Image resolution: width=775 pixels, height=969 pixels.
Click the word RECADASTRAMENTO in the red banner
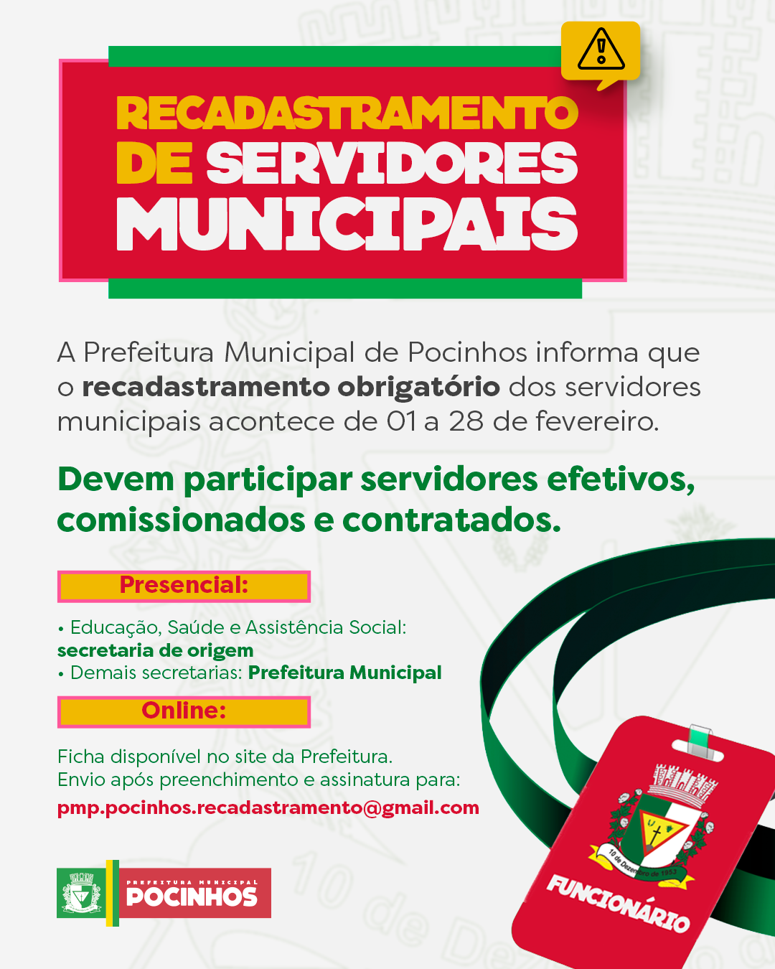pos(347,113)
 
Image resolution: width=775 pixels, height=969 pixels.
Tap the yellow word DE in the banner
pos(154,163)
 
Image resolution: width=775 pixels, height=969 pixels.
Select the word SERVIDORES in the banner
pos(392,163)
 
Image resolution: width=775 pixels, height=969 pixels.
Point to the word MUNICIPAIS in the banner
pos(347,224)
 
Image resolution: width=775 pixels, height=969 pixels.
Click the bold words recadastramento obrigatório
pos(291,387)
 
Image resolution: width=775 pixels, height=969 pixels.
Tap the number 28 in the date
pos(466,421)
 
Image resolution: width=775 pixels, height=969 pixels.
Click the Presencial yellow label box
pos(184,586)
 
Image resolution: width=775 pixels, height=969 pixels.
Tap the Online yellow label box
pos(184,711)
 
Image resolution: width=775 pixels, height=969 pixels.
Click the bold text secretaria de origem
pos(156,650)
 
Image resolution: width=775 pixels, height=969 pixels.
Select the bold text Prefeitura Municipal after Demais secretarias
pos(344,673)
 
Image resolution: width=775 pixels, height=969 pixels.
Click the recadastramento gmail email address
pos(268,807)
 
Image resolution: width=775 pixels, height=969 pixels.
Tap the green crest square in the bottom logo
pos(80,894)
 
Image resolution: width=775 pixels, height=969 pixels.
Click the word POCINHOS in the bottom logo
pos(192,897)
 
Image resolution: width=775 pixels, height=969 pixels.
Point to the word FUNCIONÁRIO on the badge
pos(618,903)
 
